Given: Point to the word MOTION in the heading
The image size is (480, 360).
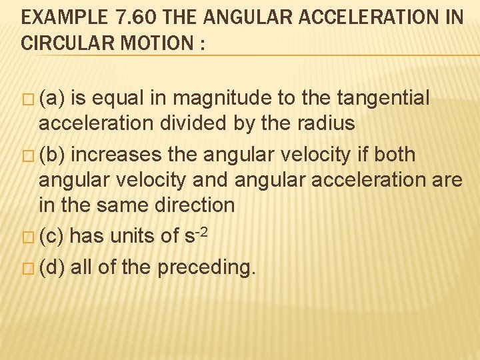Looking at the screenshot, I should point(162,43).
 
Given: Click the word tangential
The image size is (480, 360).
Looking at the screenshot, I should point(384,99).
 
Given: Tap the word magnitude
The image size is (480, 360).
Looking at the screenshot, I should point(223,99).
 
